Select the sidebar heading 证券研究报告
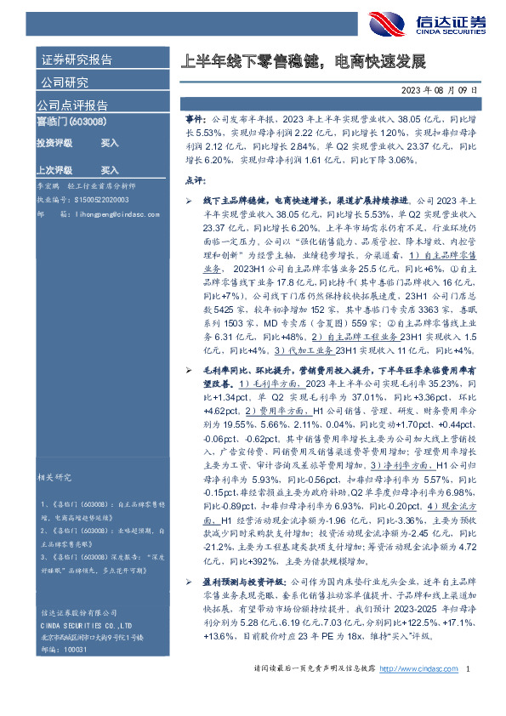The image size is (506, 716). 77,60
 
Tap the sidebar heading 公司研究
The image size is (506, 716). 65,82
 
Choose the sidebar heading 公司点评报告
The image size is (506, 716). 71,106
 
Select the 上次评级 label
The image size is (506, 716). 54,170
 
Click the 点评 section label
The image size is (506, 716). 195,180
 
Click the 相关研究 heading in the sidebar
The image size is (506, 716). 54,477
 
